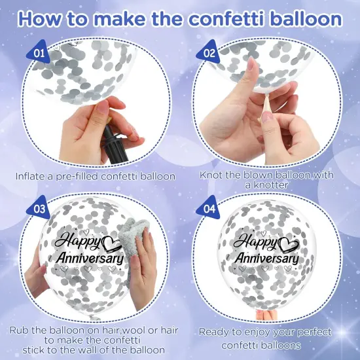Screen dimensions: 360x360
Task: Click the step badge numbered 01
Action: pos(39,50)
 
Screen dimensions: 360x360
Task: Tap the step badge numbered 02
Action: pos(209,51)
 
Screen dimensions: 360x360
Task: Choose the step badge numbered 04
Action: pos(210,209)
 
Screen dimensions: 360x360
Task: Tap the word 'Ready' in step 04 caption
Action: pos(215,332)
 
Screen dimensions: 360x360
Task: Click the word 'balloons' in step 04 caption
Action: pos(281,344)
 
